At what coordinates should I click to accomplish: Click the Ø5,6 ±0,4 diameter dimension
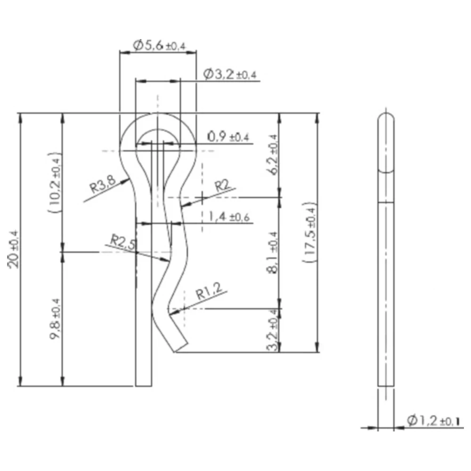tap(159, 46)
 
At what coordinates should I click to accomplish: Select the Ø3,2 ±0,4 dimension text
tap(232, 74)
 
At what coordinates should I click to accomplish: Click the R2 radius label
tap(222, 186)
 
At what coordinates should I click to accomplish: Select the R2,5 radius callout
tap(123, 243)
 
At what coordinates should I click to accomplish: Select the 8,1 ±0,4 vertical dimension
tap(273, 252)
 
